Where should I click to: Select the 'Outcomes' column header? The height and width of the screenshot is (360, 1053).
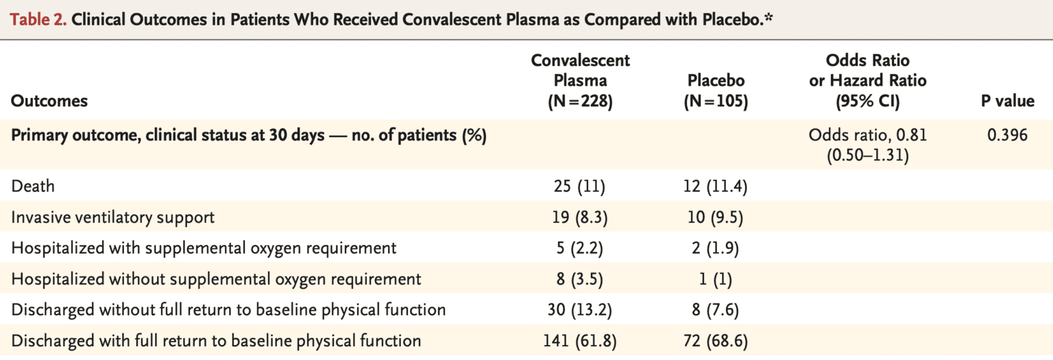pyautogui.click(x=49, y=101)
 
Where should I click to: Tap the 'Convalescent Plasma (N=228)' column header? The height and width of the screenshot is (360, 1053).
pyautogui.click(x=580, y=80)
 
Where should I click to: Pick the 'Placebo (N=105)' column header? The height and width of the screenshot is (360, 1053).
pyautogui.click(x=716, y=91)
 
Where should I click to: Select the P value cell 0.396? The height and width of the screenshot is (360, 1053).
pyautogui.click(x=1007, y=135)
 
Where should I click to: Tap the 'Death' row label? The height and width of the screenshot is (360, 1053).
pyautogui.click(x=33, y=187)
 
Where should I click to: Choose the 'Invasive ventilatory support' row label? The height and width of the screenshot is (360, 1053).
pyautogui.click(x=113, y=217)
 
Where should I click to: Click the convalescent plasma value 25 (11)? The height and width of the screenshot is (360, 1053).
pyautogui.click(x=580, y=187)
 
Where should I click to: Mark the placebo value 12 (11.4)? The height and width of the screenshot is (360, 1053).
pyautogui.click(x=716, y=187)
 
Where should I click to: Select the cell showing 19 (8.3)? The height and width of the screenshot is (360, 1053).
pyautogui.click(x=580, y=217)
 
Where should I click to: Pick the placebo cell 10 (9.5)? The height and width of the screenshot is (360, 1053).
pyautogui.click(x=716, y=217)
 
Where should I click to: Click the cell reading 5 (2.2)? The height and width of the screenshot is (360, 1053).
pyautogui.click(x=580, y=248)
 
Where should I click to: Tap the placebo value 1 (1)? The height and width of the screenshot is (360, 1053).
pyautogui.click(x=716, y=279)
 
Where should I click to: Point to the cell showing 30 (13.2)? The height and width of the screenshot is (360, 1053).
pyautogui.click(x=580, y=310)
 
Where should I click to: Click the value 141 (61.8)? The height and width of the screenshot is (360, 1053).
pyautogui.click(x=580, y=341)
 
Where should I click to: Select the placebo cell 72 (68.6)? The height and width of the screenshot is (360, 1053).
pyautogui.click(x=716, y=341)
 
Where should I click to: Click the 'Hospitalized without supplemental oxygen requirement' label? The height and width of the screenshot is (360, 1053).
pyautogui.click(x=216, y=279)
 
